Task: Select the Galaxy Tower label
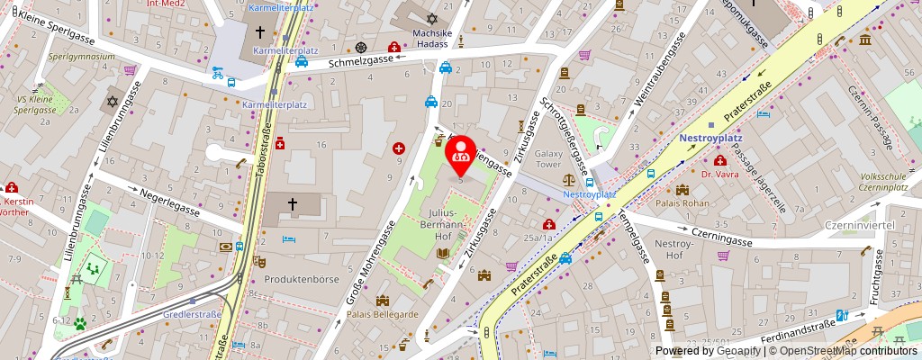coord(548,159)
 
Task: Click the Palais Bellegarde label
coord(383,313)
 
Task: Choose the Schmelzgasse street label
coord(361,62)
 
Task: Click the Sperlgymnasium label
coord(81,56)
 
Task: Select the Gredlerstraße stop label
coord(193,315)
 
